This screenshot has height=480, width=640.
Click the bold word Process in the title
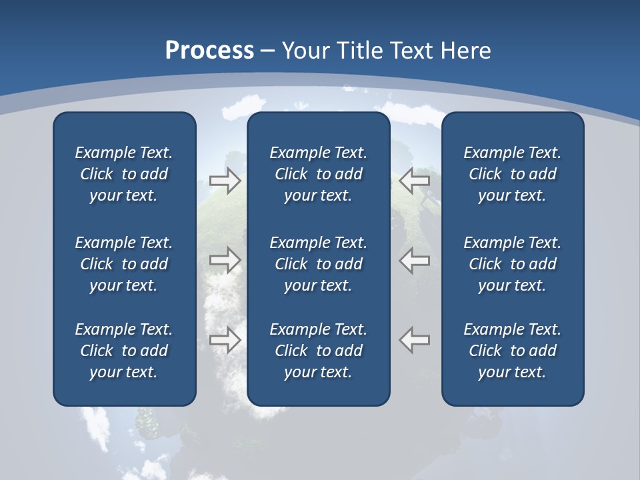pos(209,51)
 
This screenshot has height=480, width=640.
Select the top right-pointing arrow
pos(225,180)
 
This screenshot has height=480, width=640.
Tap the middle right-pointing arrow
pos(225,260)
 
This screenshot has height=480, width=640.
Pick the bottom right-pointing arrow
pos(225,340)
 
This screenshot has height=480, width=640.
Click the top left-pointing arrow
pos(415,180)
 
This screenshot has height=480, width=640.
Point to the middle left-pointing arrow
pos(415,260)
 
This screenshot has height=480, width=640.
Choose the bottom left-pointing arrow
pos(415,340)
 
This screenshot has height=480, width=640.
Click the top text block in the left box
pos(124,174)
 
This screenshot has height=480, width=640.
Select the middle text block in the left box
pos(124,264)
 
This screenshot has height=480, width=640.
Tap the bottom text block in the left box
pos(124,351)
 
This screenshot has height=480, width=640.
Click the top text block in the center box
pos(318,174)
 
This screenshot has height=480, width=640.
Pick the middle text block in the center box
pos(318,264)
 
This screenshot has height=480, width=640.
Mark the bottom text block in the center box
pos(318,351)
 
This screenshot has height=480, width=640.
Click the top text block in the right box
pos(512,174)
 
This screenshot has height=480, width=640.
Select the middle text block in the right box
pos(512,264)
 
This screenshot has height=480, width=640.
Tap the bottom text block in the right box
pos(512,351)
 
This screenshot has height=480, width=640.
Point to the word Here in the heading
pos(465,51)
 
